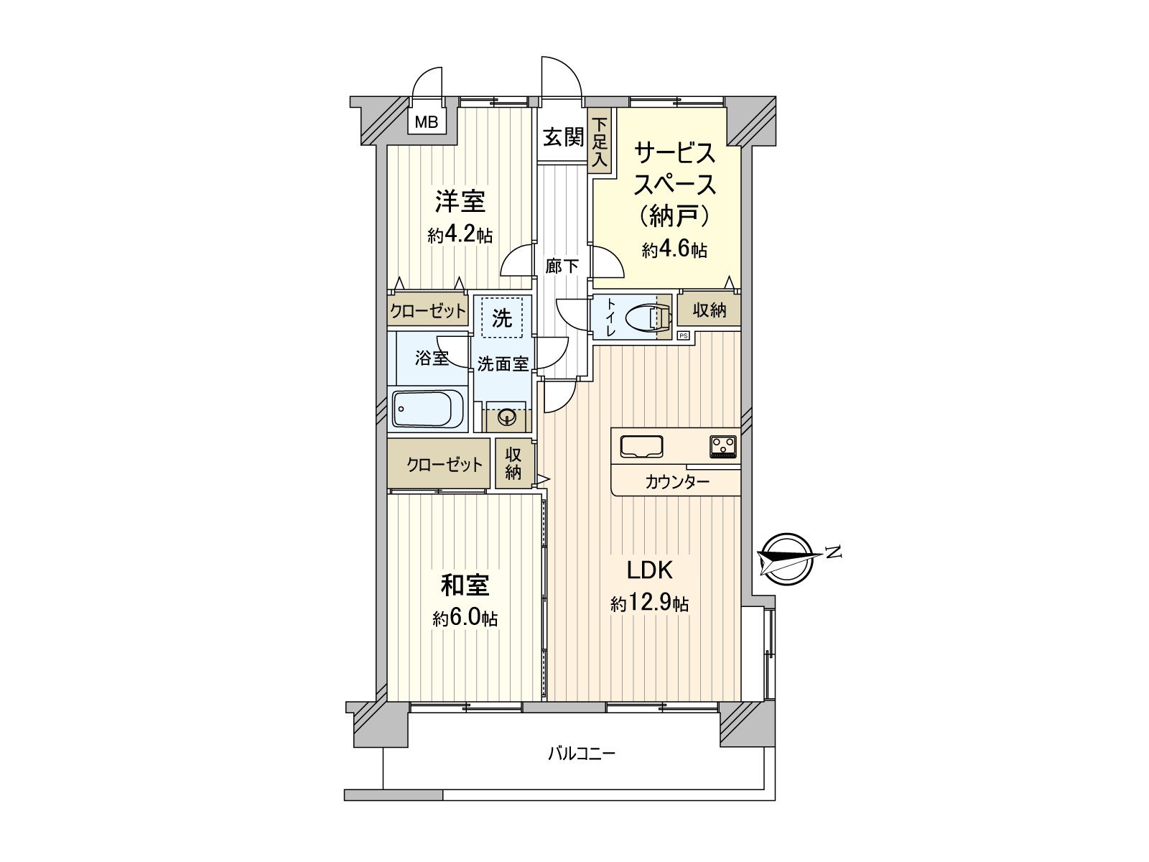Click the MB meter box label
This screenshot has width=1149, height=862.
click(x=426, y=122)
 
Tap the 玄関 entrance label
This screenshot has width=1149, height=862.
click(x=562, y=136)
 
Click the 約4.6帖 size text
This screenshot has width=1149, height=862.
click(x=674, y=249)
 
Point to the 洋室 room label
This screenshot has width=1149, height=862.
click(x=460, y=201)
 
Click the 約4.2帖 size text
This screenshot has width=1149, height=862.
click(x=460, y=235)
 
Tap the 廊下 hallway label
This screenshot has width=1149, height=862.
click(x=562, y=267)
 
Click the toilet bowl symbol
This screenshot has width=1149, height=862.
click(x=643, y=317)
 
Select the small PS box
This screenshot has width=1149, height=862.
click(x=683, y=335)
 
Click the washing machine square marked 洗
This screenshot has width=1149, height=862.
click(x=502, y=317)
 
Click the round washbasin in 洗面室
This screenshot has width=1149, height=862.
click(x=507, y=416)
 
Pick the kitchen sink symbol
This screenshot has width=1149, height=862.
click(x=641, y=446)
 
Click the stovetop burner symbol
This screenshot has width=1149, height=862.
click(x=723, y=446)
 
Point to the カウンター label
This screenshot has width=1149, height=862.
click(x=676, y=481)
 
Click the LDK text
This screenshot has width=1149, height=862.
click(x=650, y=570)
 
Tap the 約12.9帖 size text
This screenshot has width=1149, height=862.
click(x=650, y=603)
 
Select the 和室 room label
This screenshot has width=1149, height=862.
click(x=465, y=585)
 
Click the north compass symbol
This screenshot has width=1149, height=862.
click(x=787, y=558)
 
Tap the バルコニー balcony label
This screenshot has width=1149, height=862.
click(x=582, y=754)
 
